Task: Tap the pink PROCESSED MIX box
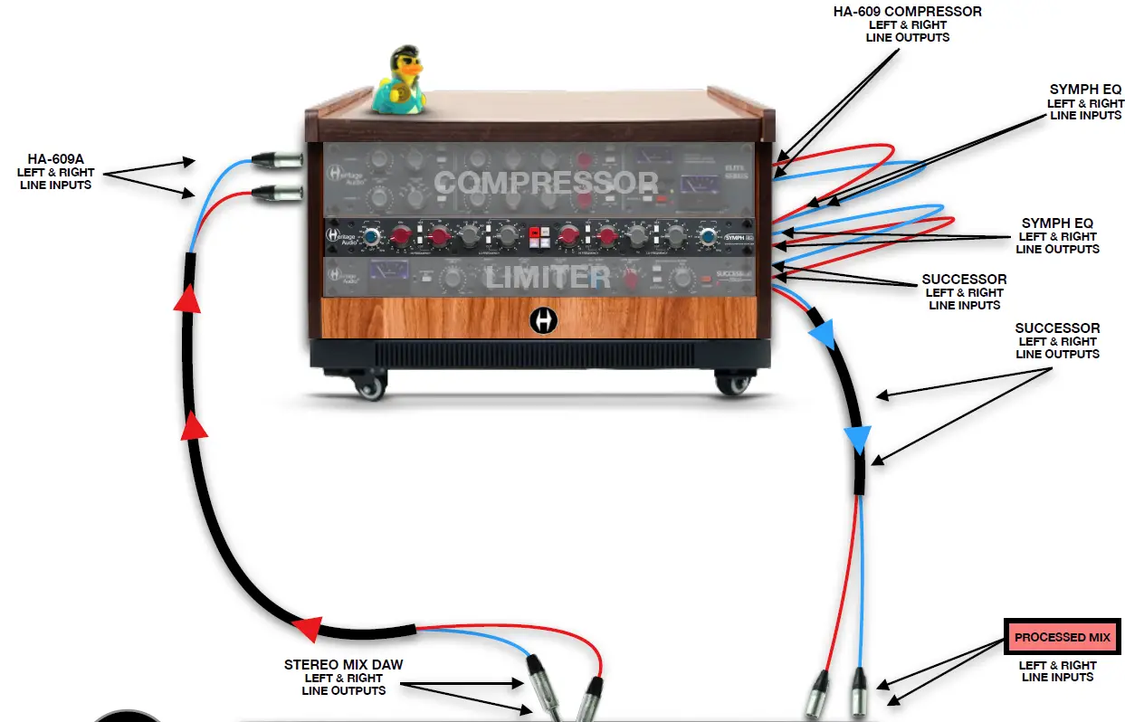pyautogui.click(x=1062, y=638)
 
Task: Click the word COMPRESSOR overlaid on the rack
pyautogui.click(x=546, y=184)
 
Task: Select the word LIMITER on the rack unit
pyautogui.click(x=547, y=278)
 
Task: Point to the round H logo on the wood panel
pyautogui.click(x=542, y=320)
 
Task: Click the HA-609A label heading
pyautogui.click(x=54, y=159)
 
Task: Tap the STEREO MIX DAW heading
pyautogui.click(x=344, y=665)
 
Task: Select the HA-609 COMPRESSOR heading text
pyautogui.click(x=908, y=12)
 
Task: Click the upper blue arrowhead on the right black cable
pyautogui.click(x=820, y=334)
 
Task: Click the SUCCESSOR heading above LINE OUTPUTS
pyautogui.click(x=1057, y=328)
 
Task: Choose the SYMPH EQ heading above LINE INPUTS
pyautogui.click(x=1085, y=90)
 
